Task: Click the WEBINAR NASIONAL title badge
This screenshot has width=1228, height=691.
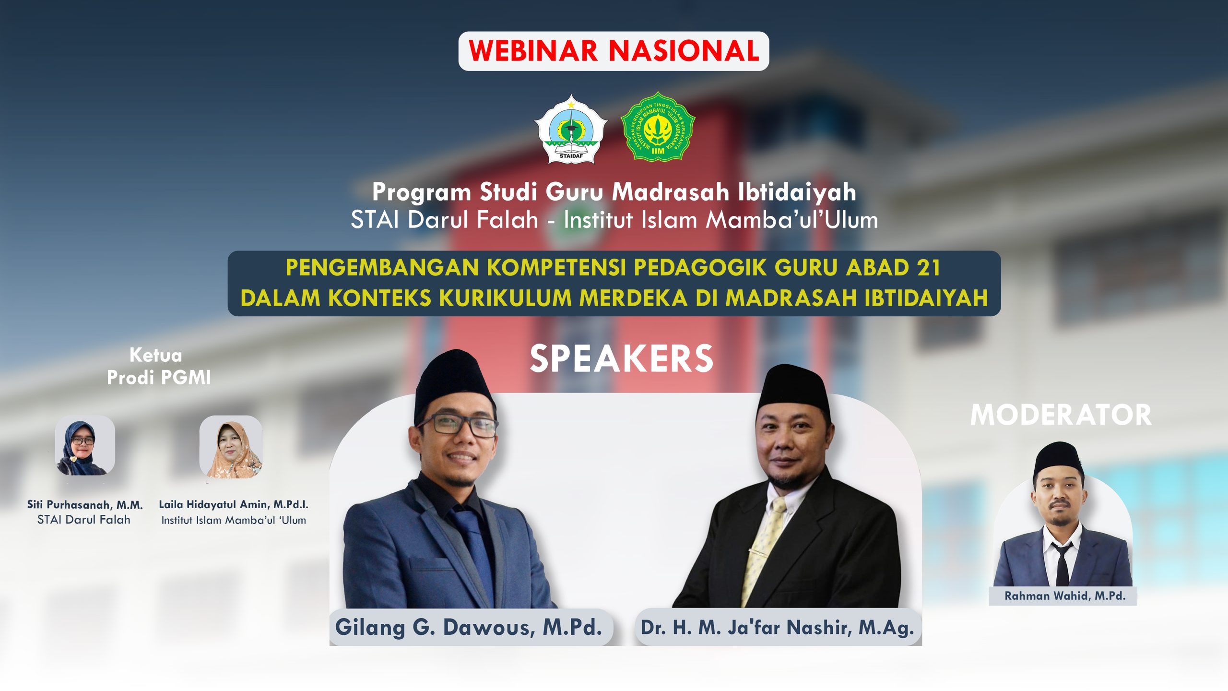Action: click(614, 51)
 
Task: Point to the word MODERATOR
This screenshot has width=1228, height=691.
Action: click(1061, 415)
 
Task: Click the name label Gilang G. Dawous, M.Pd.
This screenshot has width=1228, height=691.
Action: click(469, 627)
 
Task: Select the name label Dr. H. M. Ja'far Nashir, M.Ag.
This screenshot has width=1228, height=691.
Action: click(778, 628)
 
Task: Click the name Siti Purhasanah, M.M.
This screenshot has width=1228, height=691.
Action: click(85, 505)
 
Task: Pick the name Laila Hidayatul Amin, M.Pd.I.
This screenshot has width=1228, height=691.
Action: click(234, 505)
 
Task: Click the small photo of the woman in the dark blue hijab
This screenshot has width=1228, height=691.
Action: click(84, 446)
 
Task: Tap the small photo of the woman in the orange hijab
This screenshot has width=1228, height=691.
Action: click(231, 447)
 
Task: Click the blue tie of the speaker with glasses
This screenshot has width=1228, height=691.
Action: click(475, 542)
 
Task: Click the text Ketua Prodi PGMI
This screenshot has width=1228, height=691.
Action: click(158, 367)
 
